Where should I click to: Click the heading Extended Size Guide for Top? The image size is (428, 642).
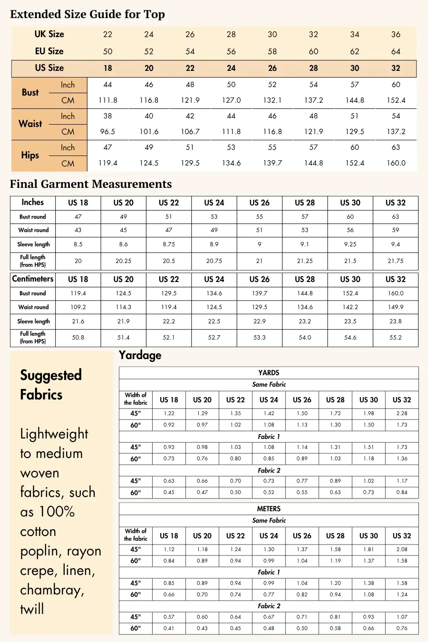point(88,14)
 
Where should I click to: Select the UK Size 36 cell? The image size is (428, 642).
point(396,34)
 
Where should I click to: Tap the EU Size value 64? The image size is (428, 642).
point(396,51)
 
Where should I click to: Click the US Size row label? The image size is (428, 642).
point(49,68)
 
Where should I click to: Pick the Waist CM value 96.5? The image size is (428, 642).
point(107,132)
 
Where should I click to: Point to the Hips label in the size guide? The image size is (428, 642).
point(30,155)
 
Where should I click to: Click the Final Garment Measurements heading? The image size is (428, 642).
point(91,184)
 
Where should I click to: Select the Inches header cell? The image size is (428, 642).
point(32,203)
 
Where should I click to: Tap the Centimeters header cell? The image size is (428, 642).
point(33,279)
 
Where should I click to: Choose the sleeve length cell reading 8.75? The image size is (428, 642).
point(169,244)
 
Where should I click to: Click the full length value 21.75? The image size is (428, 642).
point(396,261)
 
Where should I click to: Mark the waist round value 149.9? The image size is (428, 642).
point(396,307)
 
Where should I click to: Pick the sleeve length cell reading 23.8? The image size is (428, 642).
point(396,321)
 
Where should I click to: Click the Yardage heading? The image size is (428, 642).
point(140,355)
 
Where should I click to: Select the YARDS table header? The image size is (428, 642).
point(269,373)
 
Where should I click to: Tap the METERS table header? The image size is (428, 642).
point(269,509)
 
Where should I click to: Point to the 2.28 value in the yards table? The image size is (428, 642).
point(402,414)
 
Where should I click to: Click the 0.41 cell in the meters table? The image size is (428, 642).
point(169,628)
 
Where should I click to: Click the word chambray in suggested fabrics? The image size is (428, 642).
point(52,590)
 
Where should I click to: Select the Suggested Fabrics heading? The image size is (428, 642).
point(51,385)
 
